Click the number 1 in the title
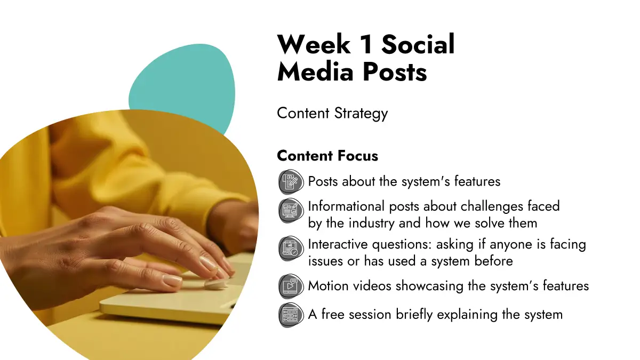pyautogui.click(x=366, y=44)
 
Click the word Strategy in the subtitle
pyautogui.click(x=361, y=114)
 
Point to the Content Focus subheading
pyautogui.click(x=327, y=156)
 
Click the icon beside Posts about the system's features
pyautogui.click(x=291, y=182)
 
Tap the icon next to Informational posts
pyautogui.click(x=291, y=210)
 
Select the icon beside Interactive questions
pyautogui.click(x=291, y=249)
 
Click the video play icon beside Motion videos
pyautogui.click(x=291, y=286)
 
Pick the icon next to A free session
pyautogui.click(x=291, y=315)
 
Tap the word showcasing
pyautogui.click(x=429, y=286)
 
